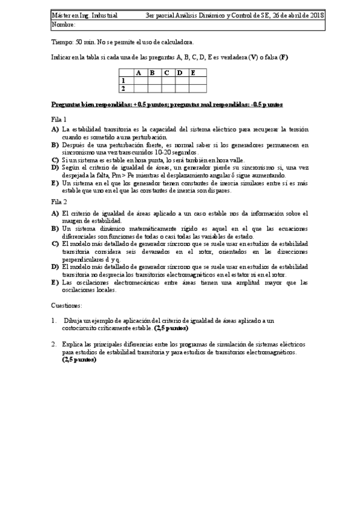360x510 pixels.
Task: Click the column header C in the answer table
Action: [x=166, y=73]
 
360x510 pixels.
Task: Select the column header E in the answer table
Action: [x=194, y=73]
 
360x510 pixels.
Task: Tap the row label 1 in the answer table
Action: [x=123, y=81]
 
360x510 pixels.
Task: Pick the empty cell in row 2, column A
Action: [x=139, y=88]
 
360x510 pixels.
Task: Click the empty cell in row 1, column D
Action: [x=180, y=81]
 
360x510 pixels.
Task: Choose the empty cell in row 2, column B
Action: [x=153, y=88]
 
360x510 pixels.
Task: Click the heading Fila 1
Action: [x=59, y=119]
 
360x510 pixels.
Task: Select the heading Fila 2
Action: [x=59, y=203]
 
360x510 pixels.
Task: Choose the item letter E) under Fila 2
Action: [x=55, y=281]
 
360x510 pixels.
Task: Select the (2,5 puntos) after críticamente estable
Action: [x=171, y=328]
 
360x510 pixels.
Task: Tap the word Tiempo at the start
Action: [x=63, y=42]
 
